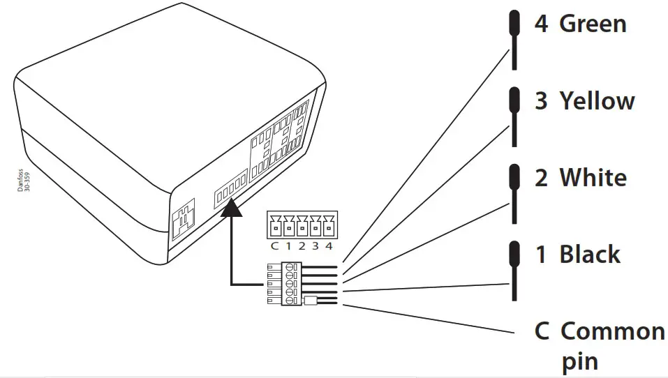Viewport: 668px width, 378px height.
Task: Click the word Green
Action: [x=593, y=24]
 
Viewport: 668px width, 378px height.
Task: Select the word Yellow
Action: [x=597, y=101]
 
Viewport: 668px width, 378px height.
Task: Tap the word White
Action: [x=593, y=177]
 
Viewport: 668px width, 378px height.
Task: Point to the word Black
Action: [x=590, y=254]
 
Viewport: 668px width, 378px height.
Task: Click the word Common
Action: [x=612, y=331]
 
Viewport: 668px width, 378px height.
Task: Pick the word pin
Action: [x=579, y=361]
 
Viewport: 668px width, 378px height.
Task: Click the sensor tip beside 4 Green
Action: [x=514, y=25]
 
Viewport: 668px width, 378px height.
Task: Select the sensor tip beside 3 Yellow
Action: [x=514, y=102]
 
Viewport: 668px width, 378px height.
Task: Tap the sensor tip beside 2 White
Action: [x=514, y=179]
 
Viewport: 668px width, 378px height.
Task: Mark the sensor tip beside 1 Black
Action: [x=514, y=255]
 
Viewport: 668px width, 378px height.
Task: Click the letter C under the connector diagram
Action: [x=274, y=245]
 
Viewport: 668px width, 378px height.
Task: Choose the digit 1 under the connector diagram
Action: [x=288, y=245]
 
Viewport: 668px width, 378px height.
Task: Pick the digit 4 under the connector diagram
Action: [x=329, y=245]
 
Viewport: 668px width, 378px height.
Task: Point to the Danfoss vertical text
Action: [x=26, y=183]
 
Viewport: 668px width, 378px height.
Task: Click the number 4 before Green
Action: [x=542, y=24]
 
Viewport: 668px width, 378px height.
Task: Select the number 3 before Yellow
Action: [x=542, y=101]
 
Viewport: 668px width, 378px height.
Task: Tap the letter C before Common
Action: [x=542, y=331]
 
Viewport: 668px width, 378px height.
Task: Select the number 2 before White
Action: [x=542, y=177]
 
